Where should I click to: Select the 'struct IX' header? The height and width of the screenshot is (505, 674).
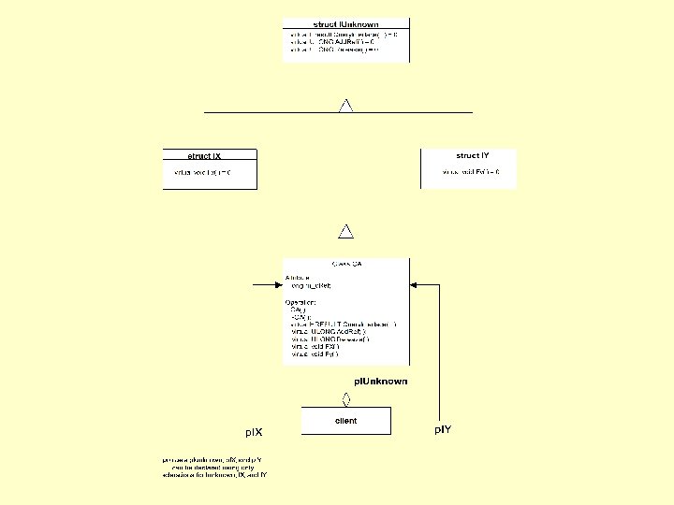[204, 155]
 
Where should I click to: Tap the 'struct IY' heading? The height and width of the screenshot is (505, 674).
[473, 154]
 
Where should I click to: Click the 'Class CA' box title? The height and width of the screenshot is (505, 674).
[346, 265]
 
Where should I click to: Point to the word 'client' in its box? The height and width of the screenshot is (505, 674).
[345, 421]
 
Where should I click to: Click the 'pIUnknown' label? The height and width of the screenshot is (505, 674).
[380, 382]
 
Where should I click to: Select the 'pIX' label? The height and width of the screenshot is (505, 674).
[254, 433]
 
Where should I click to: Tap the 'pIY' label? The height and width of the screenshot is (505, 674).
[443, 429]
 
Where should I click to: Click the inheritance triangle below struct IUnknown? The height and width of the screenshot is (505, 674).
[345, 105]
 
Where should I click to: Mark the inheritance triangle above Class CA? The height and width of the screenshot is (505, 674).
[345, 230]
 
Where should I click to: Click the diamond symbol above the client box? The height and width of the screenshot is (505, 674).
[345, 398]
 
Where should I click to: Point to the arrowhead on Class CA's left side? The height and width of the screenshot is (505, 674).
[277, 284]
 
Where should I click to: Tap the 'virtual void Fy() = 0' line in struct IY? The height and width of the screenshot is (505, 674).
[471, 172]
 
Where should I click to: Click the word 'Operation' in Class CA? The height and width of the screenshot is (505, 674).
[301, 303]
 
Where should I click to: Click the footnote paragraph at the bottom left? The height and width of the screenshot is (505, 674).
[214, 468]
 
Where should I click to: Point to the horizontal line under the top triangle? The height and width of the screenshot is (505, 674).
[281, 113]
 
